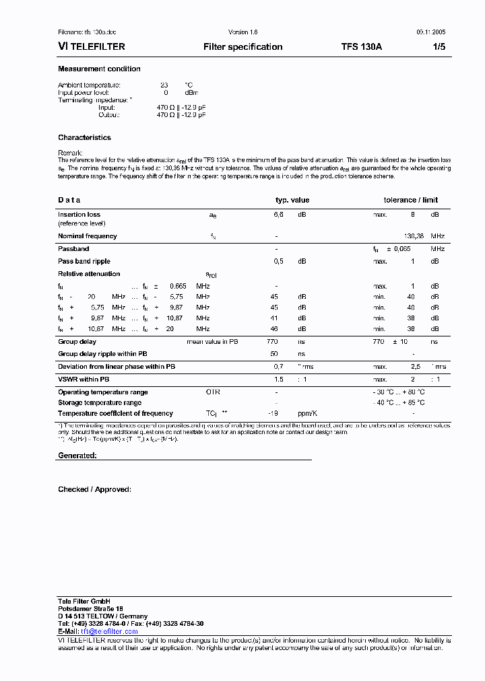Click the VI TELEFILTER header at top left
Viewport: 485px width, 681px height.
(91, 47)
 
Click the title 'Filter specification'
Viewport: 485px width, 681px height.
(243, 47)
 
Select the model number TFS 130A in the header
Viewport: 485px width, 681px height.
(361, 47)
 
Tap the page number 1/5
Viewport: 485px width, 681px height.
(438, 47)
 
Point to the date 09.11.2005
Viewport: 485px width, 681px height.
(430, 32)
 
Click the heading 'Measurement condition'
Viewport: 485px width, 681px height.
(99, 69)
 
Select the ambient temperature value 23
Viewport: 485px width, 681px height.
(164, 85)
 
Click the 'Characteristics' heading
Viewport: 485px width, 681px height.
(84, 137)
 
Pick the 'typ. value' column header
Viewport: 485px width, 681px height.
(292, 200)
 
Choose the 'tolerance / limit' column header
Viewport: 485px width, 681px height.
(410, 200)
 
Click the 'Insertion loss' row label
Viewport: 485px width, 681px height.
(79, 215)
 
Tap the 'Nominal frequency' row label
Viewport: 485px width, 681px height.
(87, 236)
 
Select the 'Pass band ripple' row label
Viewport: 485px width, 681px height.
(84, 261)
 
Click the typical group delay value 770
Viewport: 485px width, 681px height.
(272, 342)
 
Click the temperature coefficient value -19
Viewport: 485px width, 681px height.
(273, 413)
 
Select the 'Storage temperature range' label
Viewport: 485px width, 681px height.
(99, 402)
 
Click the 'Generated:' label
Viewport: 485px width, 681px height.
(77, 456)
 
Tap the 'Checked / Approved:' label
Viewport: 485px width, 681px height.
(94, 489)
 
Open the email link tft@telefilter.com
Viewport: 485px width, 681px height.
(109, 631)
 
